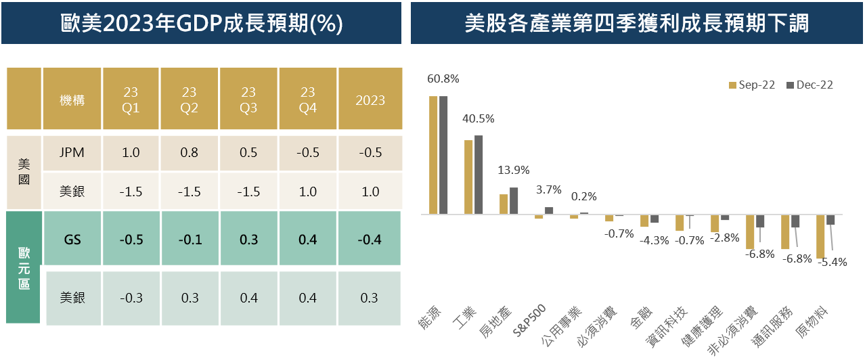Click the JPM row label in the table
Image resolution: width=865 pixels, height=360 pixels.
[x=72, y=152]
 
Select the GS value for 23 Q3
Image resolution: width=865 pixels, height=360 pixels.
[x=248, y=239]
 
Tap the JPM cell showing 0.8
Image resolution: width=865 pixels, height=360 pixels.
[x=189, y=152]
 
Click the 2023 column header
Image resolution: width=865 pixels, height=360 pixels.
[x=370, y=100]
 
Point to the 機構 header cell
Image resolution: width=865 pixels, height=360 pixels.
[x=72, y=100]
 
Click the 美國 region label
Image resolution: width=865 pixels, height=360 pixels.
[x=24, y=172]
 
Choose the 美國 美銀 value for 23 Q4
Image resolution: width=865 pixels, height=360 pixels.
[x=308, y=192]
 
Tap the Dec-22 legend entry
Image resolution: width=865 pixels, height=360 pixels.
[x=809, y=85]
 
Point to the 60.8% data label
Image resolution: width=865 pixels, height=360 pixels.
[x=443, y=78]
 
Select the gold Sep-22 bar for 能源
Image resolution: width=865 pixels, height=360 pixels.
[x=433, y=155]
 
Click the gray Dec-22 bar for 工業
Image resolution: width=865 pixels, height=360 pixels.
[x=479, y=175]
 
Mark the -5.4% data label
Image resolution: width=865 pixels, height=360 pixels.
[x=833, y=263]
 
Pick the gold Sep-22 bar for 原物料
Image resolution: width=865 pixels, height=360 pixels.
[x=820, y=236]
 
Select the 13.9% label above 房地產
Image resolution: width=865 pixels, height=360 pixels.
[x=513, y=170]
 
